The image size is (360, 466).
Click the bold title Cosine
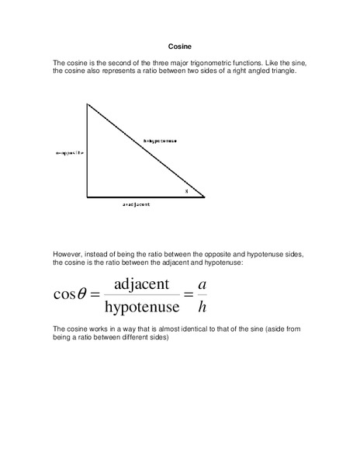tap(179, 46)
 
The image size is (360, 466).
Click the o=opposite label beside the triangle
tap(69, 153)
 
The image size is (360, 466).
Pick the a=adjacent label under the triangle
tap(136, 204)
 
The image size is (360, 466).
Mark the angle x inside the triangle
tap(186, 190)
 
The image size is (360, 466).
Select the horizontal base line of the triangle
tap(145, 196)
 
